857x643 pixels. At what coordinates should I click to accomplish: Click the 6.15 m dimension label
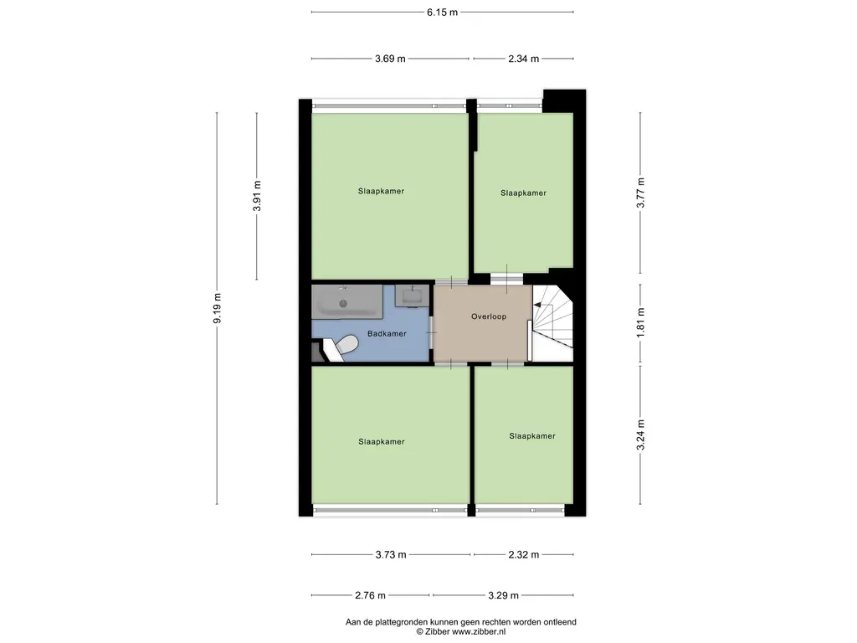(442, 13)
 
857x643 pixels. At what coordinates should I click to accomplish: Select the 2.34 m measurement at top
(523, 59)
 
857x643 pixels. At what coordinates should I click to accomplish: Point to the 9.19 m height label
(217, 309)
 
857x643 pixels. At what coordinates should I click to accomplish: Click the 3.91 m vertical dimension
(257, 196)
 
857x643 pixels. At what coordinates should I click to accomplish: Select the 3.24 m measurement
(640, 435)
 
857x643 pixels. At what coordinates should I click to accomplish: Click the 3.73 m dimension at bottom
(390, 554)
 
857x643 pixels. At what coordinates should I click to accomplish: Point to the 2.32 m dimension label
(523, 554)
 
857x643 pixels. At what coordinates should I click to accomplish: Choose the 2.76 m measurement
(369, 595)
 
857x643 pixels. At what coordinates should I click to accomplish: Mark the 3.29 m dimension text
(503, 595)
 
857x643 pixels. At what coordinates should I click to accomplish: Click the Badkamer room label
(387, 333)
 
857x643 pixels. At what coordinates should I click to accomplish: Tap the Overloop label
(489, 316)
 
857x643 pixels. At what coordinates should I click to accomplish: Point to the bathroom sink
(413, 296)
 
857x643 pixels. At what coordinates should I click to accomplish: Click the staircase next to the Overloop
(552, 323)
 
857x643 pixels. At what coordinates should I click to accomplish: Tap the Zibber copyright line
(460, 632)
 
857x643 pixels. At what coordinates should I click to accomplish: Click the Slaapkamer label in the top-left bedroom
(381, 191)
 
